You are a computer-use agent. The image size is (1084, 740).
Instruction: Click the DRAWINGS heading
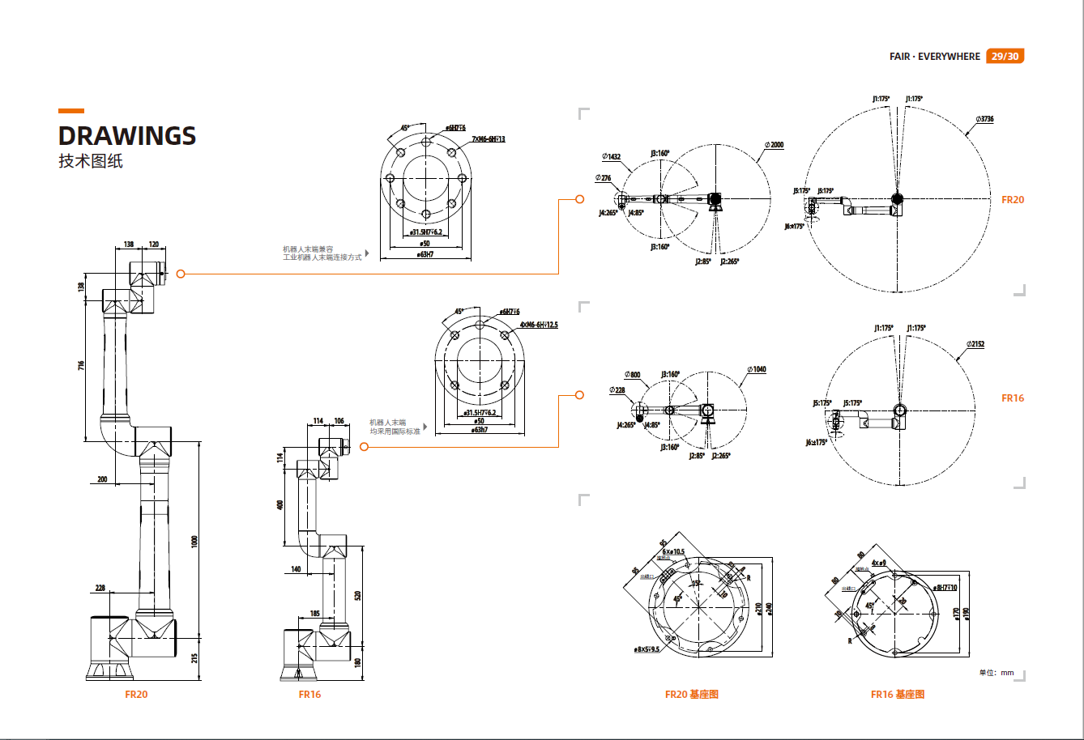(x=127, y=135)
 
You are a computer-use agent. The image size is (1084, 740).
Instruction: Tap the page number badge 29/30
(x=1005, y=57)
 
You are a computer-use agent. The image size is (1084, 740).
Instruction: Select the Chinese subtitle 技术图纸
(x=90, y=161)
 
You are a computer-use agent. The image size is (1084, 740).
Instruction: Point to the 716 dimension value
(x=81, y=366)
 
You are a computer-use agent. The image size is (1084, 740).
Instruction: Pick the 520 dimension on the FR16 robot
(x=357, y=596)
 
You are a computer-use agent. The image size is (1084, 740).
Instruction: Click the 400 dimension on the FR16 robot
(x=280, y=504)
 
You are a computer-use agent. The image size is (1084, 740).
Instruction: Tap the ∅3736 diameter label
(x=984, y=119)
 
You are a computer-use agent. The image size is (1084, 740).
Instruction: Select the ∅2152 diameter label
(x=975, y=344)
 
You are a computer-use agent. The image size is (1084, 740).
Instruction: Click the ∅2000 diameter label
(x=774, y=145)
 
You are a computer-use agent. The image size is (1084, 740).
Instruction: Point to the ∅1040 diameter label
(x=756, y=369)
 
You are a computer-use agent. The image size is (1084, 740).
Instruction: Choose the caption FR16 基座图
(x=897, y=695)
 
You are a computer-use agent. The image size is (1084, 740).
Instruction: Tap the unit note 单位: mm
(x=997, y=673)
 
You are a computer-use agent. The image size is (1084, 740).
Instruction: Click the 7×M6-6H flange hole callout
(x=489, y=139)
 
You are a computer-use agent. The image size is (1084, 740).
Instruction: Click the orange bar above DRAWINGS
(x=71, y=111)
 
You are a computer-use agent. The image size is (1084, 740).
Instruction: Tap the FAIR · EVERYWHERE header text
(x=934, y=57)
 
